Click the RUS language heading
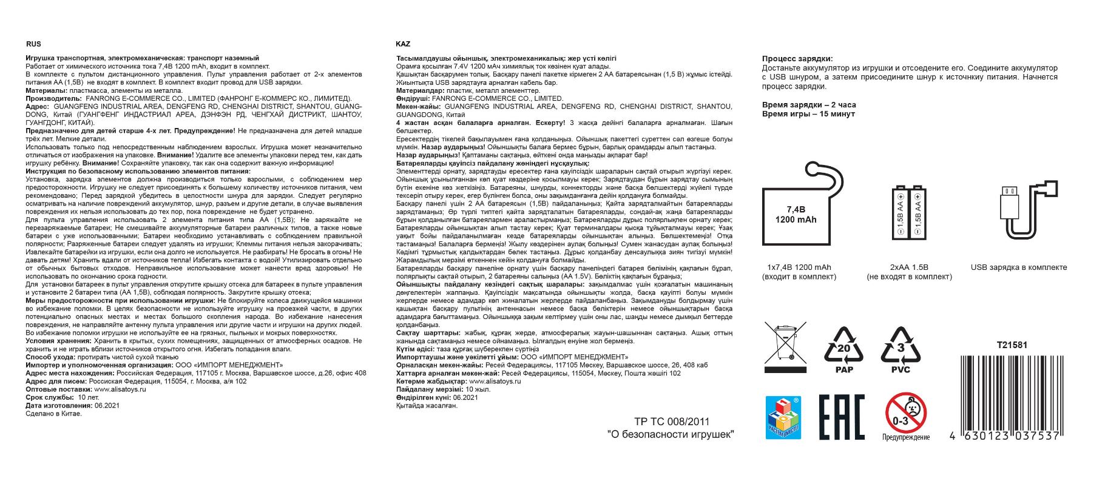coord(33,44)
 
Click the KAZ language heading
coord(402,44)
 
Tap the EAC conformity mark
coord(841,417)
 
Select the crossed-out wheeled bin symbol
coord(785,347)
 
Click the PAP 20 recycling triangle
coord(844,349)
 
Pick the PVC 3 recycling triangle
coord(901,349)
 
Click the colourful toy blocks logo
coord(783,417)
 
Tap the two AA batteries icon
coord(909,217)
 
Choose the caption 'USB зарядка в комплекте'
coord(1018,267)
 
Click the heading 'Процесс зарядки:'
coord(797,59)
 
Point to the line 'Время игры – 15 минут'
coord(808,114)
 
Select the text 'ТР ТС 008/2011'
coord(671,422)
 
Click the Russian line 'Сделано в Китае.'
coord(53,414)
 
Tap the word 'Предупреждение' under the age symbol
coord(906,437)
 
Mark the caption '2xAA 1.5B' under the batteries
coord(909,267)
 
